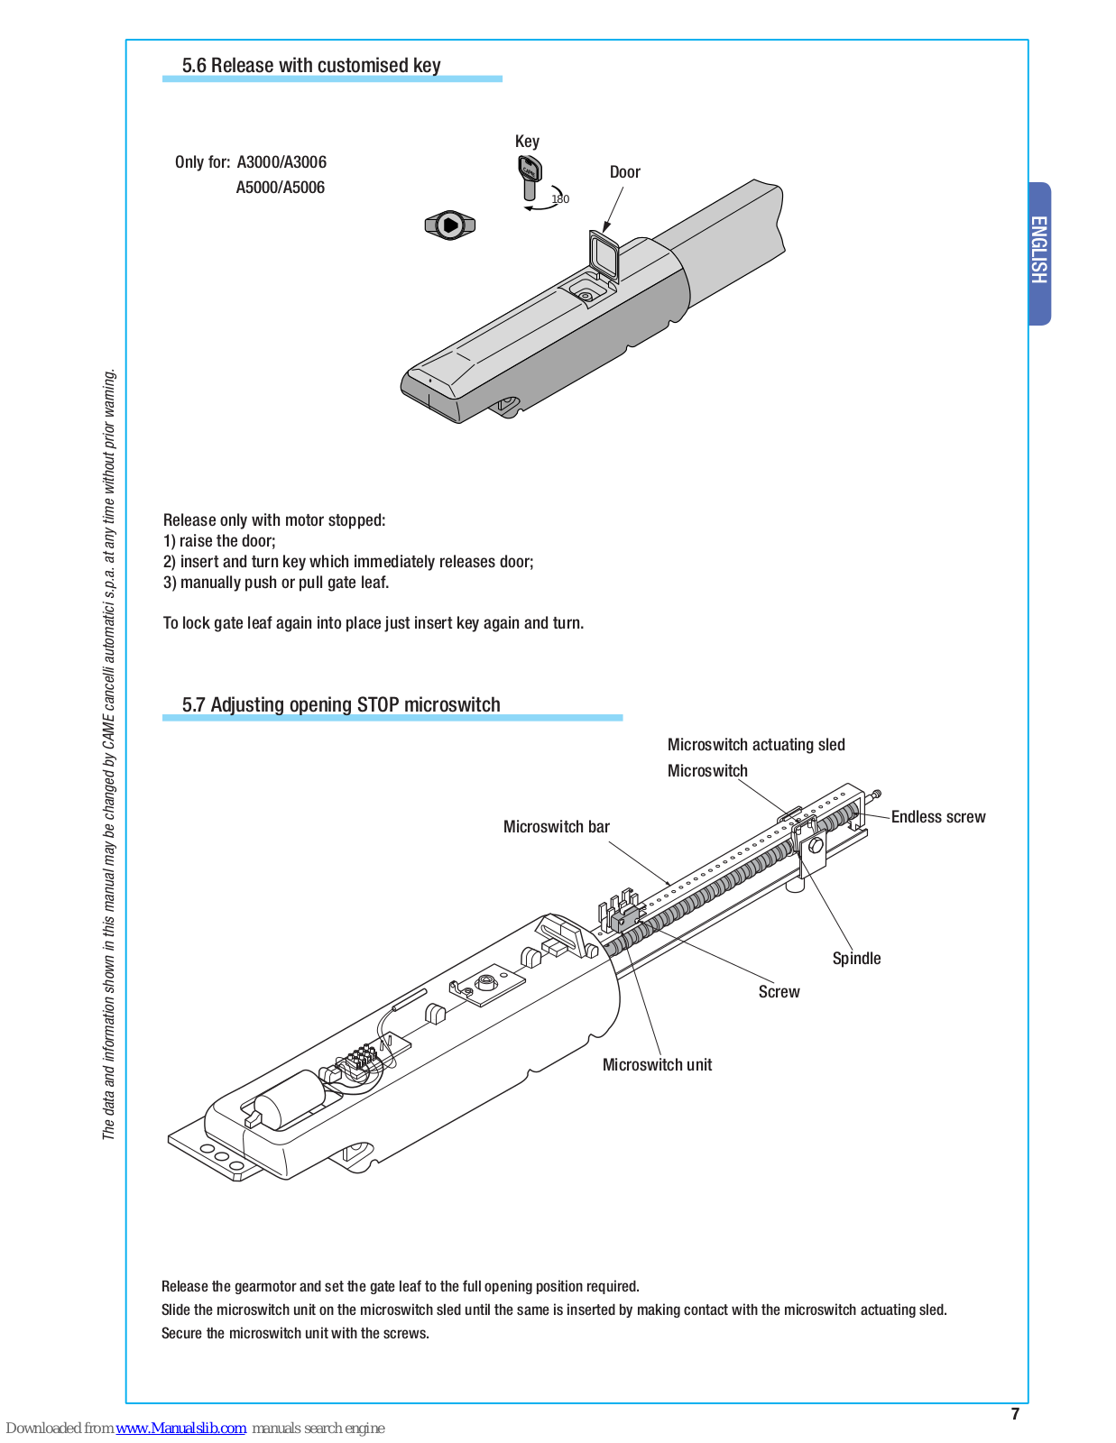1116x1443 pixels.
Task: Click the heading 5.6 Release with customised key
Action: tap(311, 66)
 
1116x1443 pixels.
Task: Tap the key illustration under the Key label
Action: tap(530, 177)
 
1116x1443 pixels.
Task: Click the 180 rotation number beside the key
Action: tap(560, 199)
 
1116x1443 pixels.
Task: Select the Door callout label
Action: tap(624, 172)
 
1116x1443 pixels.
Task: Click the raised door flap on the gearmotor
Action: tap(604, 254)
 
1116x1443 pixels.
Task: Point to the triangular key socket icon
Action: tap(449, 225)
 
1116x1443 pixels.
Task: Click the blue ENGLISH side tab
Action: tap(1039, 252)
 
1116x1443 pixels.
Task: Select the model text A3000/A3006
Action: tap(281, 162)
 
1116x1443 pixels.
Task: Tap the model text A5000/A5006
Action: tap(280, 188)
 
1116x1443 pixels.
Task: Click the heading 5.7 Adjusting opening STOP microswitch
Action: tap(341, 705)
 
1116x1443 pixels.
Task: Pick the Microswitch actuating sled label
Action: tap(756, 745)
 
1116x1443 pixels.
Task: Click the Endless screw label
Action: tap(938, 817)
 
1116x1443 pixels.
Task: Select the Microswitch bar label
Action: tap(556, 827)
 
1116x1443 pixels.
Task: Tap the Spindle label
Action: tap(856, 959)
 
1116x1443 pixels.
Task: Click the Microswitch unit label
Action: tap(657, 1065)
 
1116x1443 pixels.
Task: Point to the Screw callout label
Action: tap(779, 992)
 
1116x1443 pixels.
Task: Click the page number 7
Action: tap(1015, 1414)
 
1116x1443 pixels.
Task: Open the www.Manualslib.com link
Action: tap(181, 1429)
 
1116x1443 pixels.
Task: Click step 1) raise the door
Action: tap(219, 541)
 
